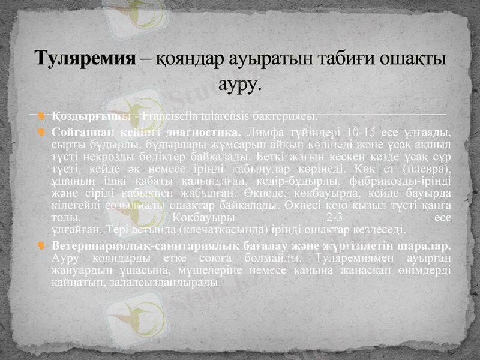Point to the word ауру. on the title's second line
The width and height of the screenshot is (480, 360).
(x=240, y=83)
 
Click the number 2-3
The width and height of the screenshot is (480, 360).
(x=332, y=218)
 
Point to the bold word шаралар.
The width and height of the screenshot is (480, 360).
(x=427, y=246)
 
